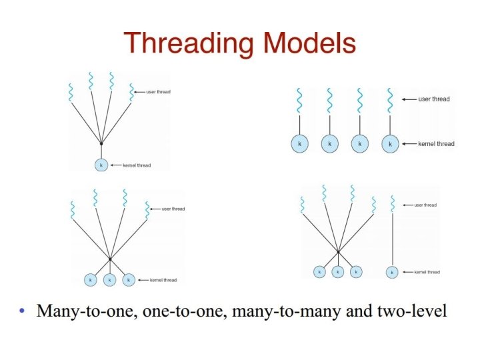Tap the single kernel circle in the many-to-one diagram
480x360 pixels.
[x=101, y=165]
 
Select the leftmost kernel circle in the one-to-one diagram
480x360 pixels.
[x=300, y=143]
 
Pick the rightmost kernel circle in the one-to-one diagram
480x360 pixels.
[x=391, y=143]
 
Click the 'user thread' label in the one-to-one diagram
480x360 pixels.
[x=434, y=99]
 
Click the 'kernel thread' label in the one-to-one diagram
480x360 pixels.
[x=436, y=144]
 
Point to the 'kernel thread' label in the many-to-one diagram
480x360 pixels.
[x=136, y=165]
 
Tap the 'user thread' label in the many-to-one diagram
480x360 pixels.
[x=159, y=91]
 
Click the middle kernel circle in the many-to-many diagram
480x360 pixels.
[x=110, y=280]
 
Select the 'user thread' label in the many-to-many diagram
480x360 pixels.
[x=173, y=209]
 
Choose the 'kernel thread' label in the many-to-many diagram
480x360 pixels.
[x=163, y=280]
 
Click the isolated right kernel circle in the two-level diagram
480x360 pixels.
[x=392, y=272]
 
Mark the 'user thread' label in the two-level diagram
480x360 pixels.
[x=425, y=205]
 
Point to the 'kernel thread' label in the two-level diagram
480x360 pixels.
[x=427, y=272]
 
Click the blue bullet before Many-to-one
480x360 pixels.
[x=24, y=311]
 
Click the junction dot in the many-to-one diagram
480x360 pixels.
[x=101, y=143]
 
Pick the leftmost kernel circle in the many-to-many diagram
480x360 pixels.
[x=91, y=280]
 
